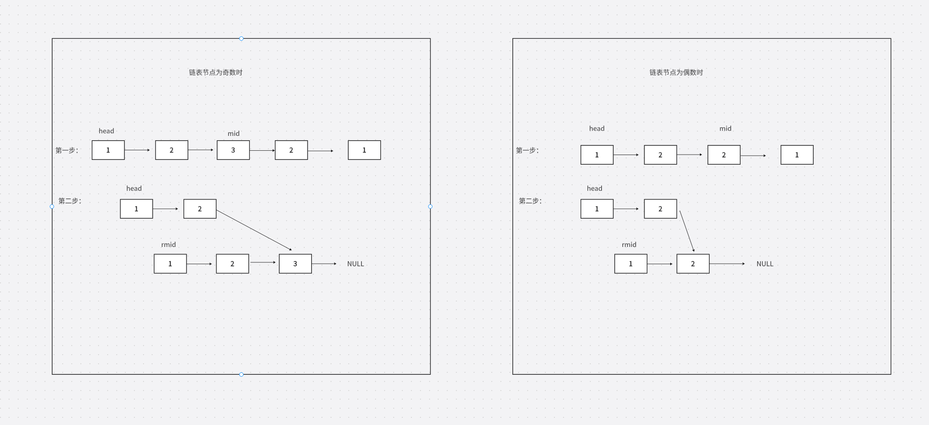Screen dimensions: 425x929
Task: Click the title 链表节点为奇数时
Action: click(x=216, y=73)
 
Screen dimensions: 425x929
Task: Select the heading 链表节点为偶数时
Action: click(x=676, y=73)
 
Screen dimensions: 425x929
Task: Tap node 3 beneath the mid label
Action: click(x=233, y=150)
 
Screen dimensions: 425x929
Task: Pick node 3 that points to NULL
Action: click(x=295, y=264)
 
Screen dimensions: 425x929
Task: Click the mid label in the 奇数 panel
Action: click(x=233, y=134)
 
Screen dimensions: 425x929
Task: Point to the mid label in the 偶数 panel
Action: click(x=725, y=129)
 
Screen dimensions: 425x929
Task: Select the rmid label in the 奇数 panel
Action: click(x=168, y=245)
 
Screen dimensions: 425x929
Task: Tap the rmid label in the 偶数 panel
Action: click(x=629, y=245)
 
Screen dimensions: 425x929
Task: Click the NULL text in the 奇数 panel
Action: click(x=355, y=264)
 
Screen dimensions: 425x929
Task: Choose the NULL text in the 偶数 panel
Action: click(x=764, y=264)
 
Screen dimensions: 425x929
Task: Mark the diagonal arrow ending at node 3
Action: click(x=254, y=230)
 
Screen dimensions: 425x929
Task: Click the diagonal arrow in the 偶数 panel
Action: click(x=687, y=231)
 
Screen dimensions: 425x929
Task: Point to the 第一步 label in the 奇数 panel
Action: click(x=66, y=150)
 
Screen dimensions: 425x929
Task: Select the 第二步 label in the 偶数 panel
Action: click(x=530, y=201)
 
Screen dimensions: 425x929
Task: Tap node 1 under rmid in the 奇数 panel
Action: click(x=170, y=264)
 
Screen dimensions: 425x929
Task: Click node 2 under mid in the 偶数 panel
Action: click(x=724, y=155)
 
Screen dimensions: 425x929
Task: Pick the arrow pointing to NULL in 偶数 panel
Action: click(x=727, y=264)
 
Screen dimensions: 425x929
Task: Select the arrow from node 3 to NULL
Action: click(x=324, y=264)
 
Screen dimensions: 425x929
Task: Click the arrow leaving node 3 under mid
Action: click(x=262, y=150)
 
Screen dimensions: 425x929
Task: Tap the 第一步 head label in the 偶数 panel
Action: click(x=597, y=129)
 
